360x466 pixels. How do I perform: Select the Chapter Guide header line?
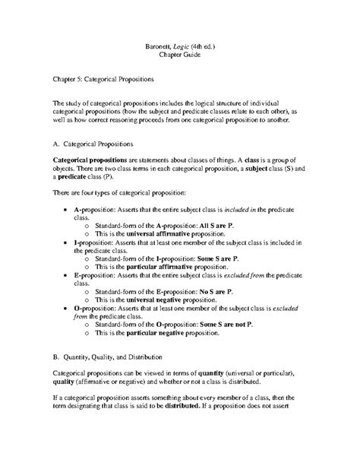(181, 55)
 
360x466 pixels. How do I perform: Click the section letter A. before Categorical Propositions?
(55, 142)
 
